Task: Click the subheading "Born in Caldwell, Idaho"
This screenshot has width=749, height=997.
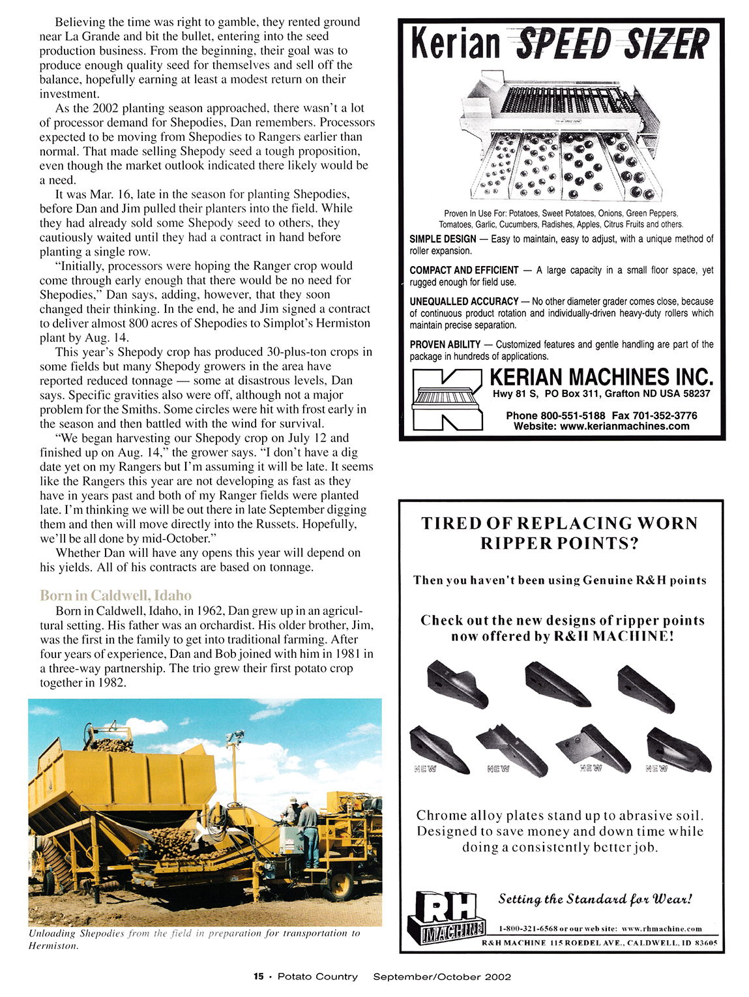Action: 115,595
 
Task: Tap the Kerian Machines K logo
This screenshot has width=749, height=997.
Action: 447,400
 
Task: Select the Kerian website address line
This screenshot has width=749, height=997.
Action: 601,426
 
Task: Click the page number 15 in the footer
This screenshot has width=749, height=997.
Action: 259,976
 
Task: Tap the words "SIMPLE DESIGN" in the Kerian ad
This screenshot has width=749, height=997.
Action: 443,239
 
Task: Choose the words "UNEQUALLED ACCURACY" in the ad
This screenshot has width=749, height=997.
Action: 463,301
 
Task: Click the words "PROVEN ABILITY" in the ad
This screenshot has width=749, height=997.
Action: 445,344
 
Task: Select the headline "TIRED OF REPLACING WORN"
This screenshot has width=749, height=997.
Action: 559,524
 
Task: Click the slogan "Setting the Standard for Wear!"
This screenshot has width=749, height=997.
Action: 595,899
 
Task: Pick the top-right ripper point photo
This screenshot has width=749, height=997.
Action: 645,689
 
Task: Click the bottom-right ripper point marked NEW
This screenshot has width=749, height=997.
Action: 678,750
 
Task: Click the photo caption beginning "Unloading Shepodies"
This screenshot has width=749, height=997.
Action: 194,939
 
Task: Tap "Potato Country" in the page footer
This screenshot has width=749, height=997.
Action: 317,976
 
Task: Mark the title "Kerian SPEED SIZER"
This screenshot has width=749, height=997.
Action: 559,44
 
